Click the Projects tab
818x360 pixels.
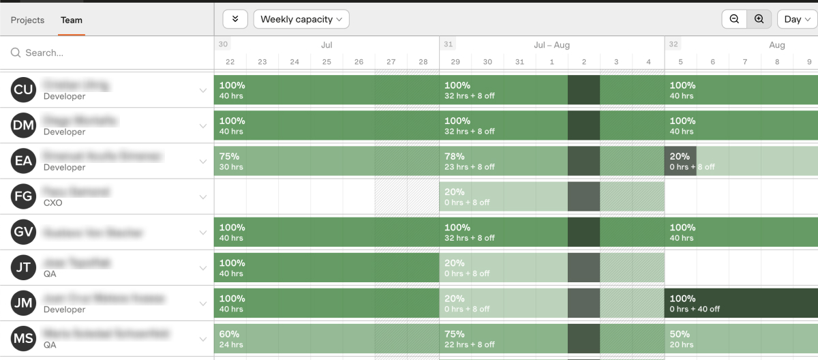click(27, 20)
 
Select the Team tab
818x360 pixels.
click(71, 20)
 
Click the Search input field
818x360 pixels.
click(109, 52)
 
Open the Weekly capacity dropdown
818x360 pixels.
click(301, 19)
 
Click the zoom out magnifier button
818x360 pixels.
click(734, 19)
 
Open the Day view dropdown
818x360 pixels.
click(797, 19)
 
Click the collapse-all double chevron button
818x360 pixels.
click(235, 19)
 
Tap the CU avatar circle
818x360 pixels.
click(23, 90)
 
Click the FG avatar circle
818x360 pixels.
click(23, 196)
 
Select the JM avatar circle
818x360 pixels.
click(23, 303)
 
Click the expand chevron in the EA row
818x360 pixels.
click(202, 162)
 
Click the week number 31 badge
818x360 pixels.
click(448, 44)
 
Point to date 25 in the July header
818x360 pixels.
click(327, 62)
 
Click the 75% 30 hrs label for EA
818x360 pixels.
click(231, 162)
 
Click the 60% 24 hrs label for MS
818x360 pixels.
click(231, 339)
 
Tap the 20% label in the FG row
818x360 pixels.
click(455, 192)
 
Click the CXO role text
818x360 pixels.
click(53, 202)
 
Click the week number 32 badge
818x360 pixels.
click(673, 44)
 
